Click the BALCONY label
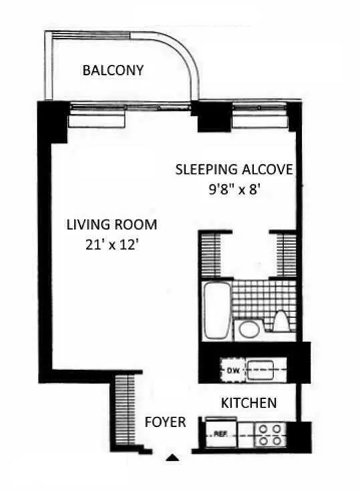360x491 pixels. click(113, 70)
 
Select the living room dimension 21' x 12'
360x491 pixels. click(112, 244)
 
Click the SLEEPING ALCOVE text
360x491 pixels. click(234, 169)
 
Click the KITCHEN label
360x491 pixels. click(248, 403)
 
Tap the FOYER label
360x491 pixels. click(165, 422)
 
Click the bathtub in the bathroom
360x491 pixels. click(216, 310)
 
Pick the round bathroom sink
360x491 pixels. click(248, 329)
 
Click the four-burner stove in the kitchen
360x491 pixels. click(271, 434)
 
